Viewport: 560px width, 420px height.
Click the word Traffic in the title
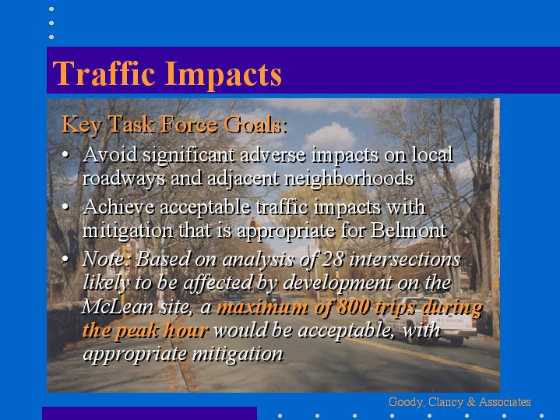pyautogui.click(x=104, y=73)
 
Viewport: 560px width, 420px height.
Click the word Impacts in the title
pyautogui.click(x=224, y=74)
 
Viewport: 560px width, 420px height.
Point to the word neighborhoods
pyautogui.click(x=349, y=178)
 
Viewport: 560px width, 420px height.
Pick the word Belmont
pyautogui.click(x=409, y=230)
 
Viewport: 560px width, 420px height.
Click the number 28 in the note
pyautogui.click(x=333, y=259)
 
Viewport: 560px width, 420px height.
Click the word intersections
pyautogui.click(x=405, y=259)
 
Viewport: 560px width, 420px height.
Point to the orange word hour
pyautogui.click(x=186, y=330)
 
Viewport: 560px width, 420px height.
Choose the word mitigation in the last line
pyautogui.click(x=238, y=354)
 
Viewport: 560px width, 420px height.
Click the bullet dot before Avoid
pyautogui.click(x=65, y=155)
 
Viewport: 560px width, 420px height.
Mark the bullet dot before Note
pyautogui.click(x=65, y=259)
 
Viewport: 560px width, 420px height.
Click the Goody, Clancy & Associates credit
pyautogui.click(x=460, y=402)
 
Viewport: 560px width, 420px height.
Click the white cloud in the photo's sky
pyautogui.click(x=329, y=137)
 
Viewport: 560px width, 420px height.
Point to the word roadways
pyautogui.click(x=124, y=178)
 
